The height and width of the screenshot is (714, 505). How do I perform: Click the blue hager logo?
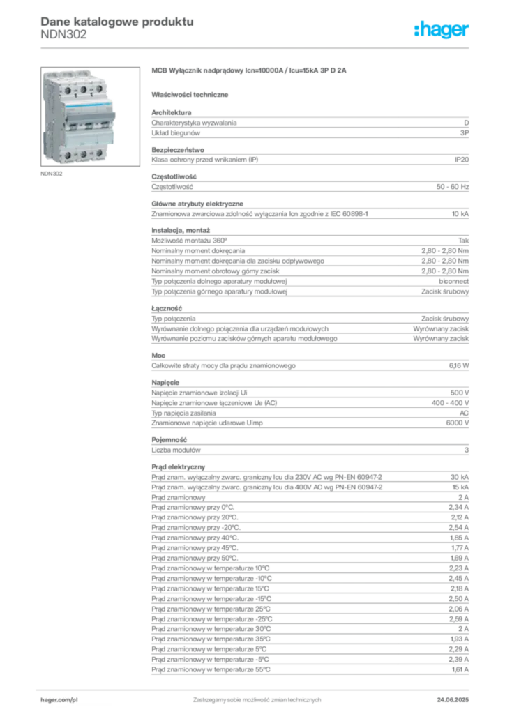442,31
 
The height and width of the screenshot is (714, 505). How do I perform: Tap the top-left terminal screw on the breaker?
67,89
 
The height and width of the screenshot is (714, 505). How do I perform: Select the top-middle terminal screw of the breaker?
83,89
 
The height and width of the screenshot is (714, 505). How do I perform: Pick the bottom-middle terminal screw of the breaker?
83,153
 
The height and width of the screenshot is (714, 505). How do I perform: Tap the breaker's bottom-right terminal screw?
99,154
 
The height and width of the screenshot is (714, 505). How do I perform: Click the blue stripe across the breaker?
83,104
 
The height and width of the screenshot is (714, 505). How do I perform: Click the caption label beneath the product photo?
53,174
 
